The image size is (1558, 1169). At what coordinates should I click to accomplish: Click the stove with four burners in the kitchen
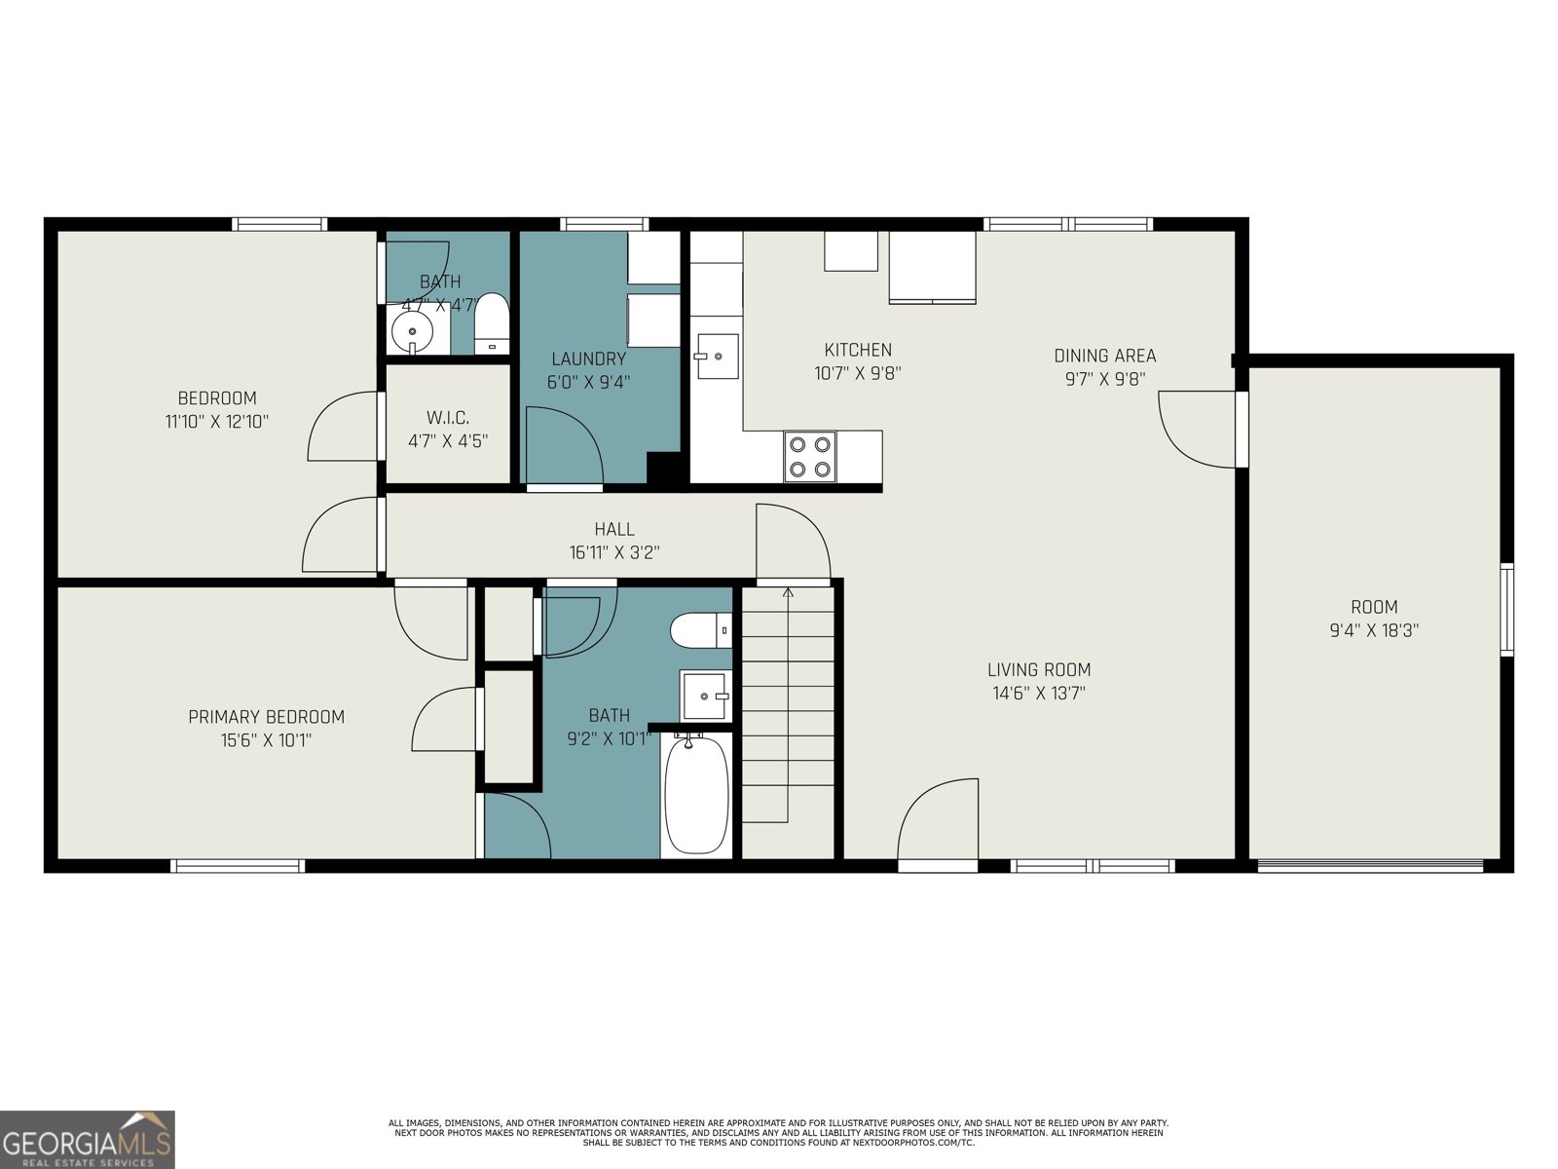coord(810,456)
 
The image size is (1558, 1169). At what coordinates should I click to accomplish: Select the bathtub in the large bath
coord(695,794)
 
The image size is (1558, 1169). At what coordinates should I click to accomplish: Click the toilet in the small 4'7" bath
coord(492,322)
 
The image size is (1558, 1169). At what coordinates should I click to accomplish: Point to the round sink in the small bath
coord(412,332)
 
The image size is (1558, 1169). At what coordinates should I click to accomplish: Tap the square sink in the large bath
coord(704,696)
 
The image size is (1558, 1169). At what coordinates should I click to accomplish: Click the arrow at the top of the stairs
coord(788,591)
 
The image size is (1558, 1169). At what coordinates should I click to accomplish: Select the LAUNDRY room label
coord(588,358)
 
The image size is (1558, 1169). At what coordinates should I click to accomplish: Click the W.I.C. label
coord(447,417)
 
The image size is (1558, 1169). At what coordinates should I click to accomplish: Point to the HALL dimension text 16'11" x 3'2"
coord(614,552)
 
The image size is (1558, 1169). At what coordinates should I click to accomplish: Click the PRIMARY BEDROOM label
coord(266,717)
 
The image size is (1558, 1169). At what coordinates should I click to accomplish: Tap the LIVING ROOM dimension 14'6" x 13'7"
coord(1038,694)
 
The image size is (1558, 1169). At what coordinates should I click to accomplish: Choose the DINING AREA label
coord(1104,356)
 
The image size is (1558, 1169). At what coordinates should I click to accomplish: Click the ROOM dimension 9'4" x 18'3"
coord(1374,630)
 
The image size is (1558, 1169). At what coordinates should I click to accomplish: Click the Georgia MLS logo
coord(88,1139)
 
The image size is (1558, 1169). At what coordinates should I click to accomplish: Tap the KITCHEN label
coord(857,350)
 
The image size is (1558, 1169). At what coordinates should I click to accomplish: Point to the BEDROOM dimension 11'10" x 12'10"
coord(217,422)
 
